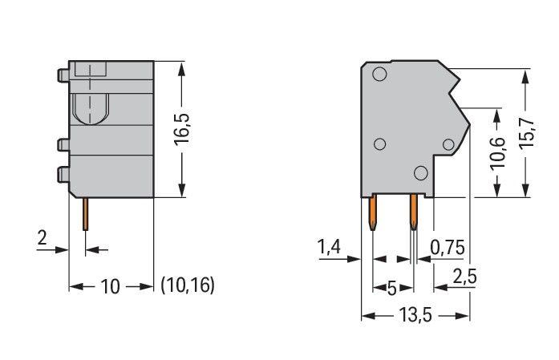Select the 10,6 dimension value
497,153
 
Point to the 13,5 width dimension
415,315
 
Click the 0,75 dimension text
448,248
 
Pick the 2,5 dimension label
464,276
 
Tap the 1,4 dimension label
329,247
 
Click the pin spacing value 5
392,288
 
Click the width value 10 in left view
111,286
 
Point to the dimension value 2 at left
42,238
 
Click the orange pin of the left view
86,214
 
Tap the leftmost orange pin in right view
372,212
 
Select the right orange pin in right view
413,212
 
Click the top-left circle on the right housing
379,74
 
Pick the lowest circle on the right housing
421,173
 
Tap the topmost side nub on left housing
63,75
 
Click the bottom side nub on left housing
63,175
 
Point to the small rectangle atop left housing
91,70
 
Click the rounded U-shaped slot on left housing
91,109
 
